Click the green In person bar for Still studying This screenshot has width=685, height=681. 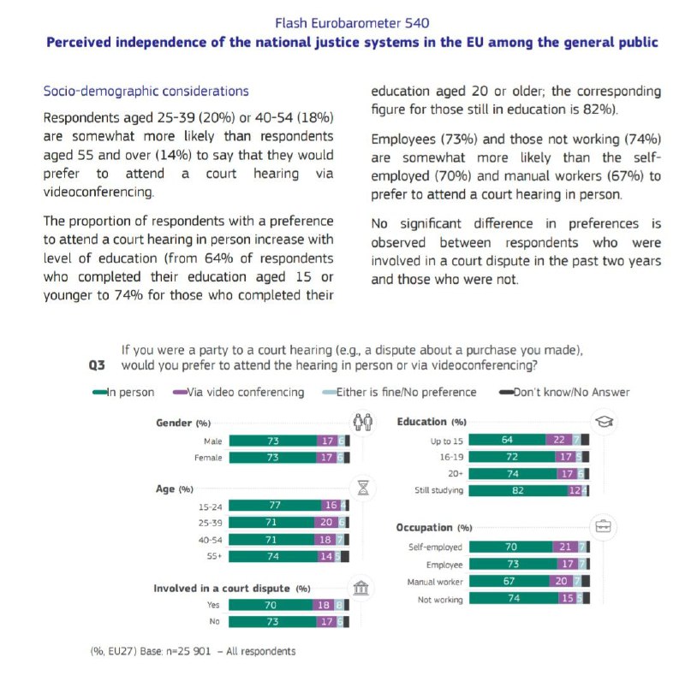pos(518,491)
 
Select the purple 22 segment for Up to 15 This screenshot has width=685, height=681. pos(559,440)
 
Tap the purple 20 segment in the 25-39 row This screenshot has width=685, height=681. pos(326,522)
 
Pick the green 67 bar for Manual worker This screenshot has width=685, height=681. pos(509,581)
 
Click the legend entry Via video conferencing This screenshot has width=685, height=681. pos(239,392)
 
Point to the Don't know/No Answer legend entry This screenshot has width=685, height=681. pos(564,392)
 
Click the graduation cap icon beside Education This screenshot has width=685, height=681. pos(605,422)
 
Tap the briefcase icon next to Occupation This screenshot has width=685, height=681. pos(604,526)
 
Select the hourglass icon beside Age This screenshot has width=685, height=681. pos(363,488)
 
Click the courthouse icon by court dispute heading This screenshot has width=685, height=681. pos(360,588)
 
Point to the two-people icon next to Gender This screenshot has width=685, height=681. pos(363,422)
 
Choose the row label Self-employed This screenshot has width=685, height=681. pos(435,547)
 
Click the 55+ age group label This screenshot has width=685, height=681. pos(215,556)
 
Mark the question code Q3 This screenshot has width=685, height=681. pos(97,365)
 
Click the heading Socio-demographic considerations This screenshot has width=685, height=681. pos(146,91)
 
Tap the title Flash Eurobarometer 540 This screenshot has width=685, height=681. pos(352,23)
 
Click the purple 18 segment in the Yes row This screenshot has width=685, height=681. pos(324,605)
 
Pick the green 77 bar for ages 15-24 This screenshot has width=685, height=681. pos(275,505)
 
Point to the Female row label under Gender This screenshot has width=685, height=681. pos(208,458)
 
